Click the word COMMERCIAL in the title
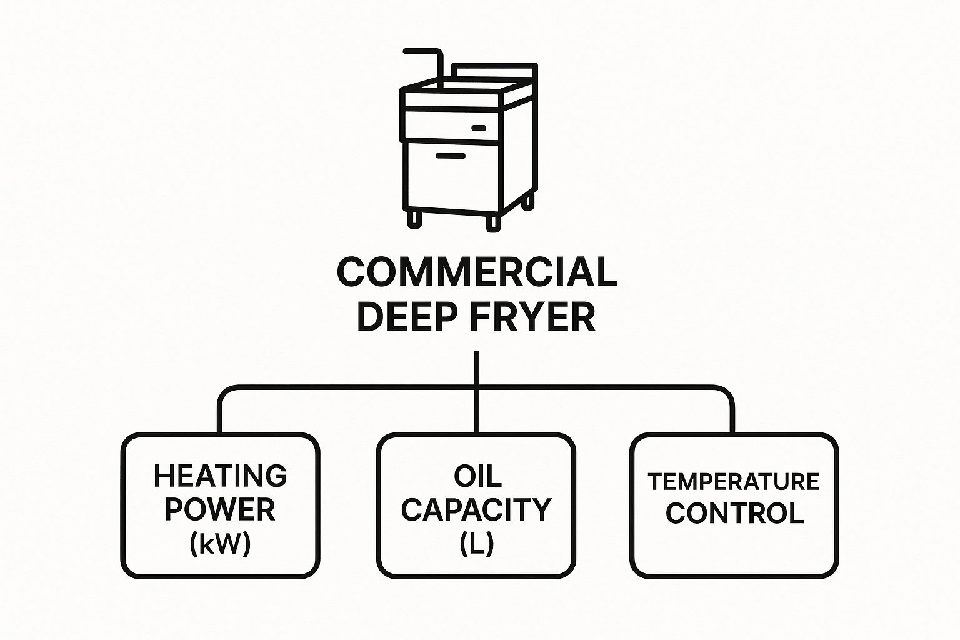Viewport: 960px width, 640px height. [477, 272]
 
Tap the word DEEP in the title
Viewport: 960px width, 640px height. [403, 317]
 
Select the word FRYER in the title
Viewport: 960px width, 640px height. [532, 317]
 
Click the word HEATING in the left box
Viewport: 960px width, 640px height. [220, 476]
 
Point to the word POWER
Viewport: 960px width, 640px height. [220, 509]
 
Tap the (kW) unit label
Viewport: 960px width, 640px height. [220, 544]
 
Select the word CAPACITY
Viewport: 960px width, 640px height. [476, 509]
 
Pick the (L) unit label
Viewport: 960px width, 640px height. [477, 544]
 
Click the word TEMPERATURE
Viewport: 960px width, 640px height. [734, 481]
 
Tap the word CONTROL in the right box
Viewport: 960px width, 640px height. [734, 513]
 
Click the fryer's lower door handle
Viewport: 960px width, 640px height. [451, 156]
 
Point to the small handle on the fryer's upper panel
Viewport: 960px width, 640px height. [479, 127]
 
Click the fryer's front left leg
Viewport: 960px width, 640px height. [414, 219]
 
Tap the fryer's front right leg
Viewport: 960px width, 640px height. [494, 223]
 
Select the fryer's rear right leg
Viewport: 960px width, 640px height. [528, 201]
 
